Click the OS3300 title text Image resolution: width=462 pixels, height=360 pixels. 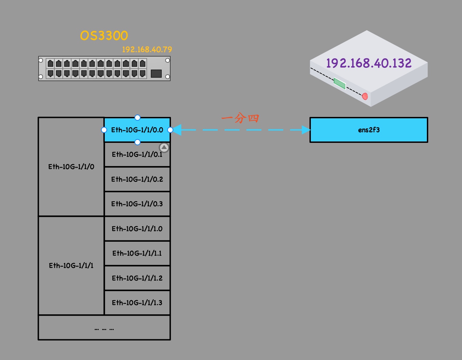[x=104, y=36]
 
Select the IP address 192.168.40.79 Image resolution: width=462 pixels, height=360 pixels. [x=147, y=49]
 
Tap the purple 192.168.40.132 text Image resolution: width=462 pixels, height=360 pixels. [x=369, y=63]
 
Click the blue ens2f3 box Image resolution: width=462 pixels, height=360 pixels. [x=369, y=130]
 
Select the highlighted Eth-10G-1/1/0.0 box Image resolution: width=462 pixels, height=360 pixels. [x=137, y=130]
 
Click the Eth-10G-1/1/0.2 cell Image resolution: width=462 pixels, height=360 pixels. [x=137, y=179]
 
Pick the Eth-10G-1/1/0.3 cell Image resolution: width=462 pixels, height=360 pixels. [x=137, y=204]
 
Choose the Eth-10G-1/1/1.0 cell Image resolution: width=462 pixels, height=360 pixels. [x=137, y=229]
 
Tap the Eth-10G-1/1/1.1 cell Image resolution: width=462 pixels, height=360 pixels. [x=137, y=253]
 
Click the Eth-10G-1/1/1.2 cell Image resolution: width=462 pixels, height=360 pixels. [x=137, y=278]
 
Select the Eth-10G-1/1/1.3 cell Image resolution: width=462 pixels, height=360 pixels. [x=137, y=303]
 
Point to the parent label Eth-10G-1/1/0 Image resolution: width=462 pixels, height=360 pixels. [x=71, y=167]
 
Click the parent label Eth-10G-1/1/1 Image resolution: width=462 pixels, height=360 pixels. [x=71, y=266]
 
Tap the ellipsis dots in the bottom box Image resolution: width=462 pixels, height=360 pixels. [x=104, y=329]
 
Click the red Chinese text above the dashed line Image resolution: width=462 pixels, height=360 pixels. [x=240, y=118]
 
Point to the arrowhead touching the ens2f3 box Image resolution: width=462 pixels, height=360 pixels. [x=305, y=130]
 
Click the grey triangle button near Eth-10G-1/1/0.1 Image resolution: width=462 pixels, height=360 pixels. [x=164, y=148]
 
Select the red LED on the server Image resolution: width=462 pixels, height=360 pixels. [x=365, y=96]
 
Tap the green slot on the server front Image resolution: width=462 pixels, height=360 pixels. [x=340, y=84]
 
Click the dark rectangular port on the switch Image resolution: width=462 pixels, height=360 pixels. [x=156, y=73]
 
